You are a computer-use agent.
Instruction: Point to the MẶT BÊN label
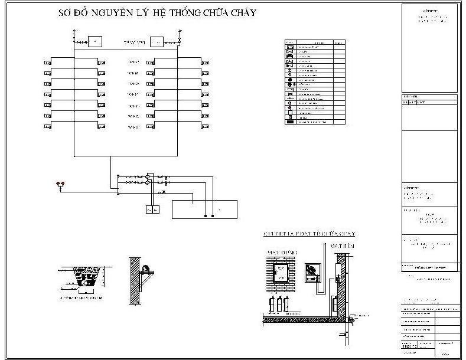[341, 244]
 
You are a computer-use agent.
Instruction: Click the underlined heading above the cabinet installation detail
[309, 234]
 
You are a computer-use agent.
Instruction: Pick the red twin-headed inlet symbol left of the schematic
[58, 184]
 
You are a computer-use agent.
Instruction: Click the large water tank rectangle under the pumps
[204, 209]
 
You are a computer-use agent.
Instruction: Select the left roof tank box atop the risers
[94, 41]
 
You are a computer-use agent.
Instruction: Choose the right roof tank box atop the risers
[157, 41]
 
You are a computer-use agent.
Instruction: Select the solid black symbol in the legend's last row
[289, 121]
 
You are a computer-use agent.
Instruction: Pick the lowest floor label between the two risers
[133, 127]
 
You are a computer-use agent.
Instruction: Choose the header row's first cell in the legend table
[289, 42]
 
